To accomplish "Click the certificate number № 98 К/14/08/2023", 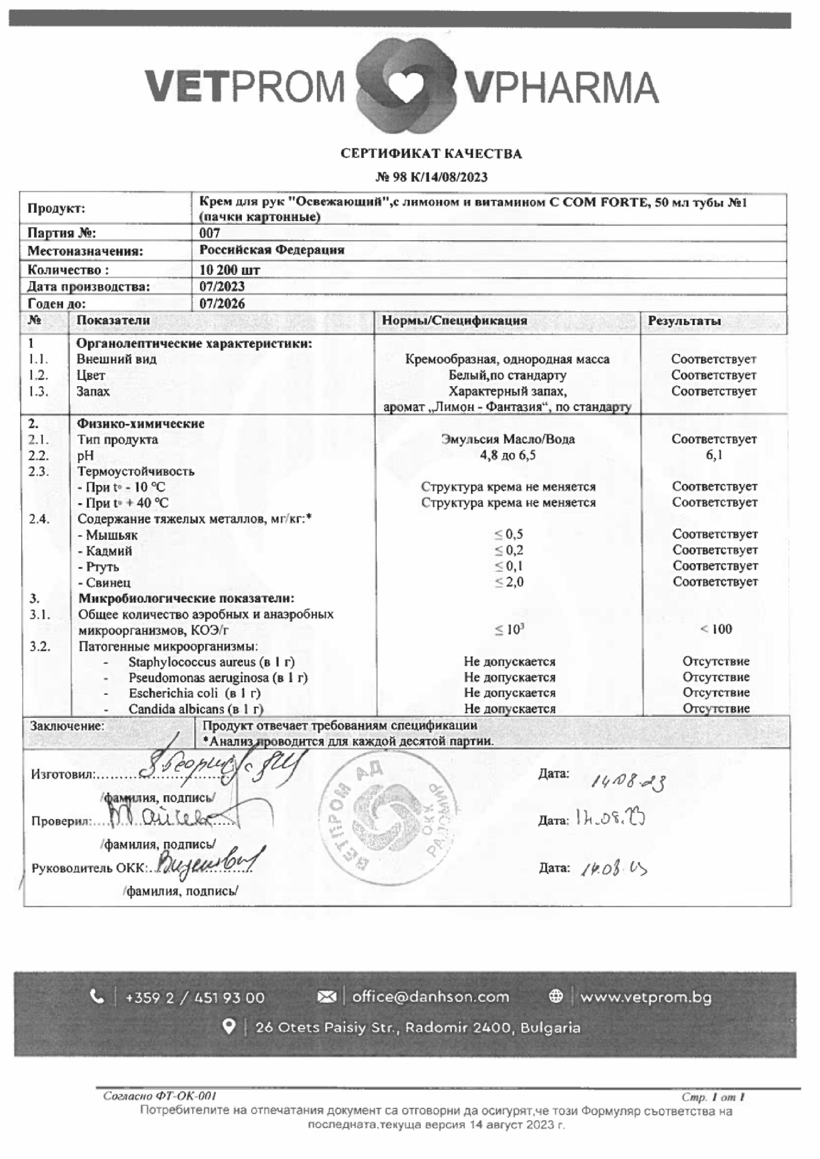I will pyautogui.click(x=432, y=177).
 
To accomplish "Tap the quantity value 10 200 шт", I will pyautogui.click(x=230, y=270).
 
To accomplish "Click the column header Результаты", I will pyautogui.click(x=684, y=320).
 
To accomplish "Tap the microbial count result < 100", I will pyautogui.click(x=716, y=629).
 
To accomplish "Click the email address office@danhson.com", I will pyautogui.click(x=430, y=997).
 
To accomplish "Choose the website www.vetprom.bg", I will pyautogui.click(x=646, y=997).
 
